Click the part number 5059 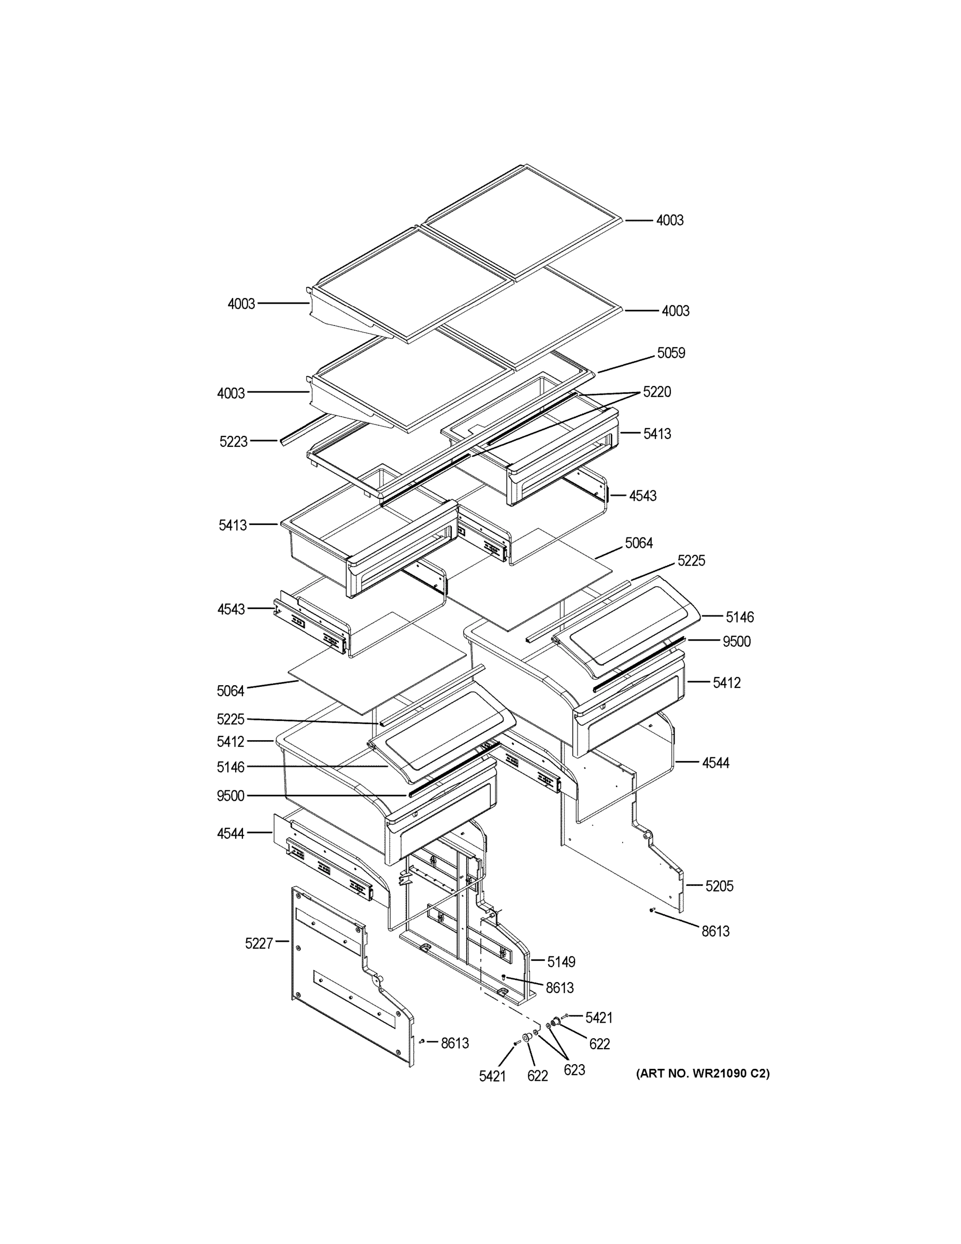pyautogui.click(x=671, y=353)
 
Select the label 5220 pyautogui.click(x=657, y=392)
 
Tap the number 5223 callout pyautogui.click(x=234, y=442)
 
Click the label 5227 pyautogui.click(x=259, y=943)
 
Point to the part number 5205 pyautogui.click(x=719, y=886)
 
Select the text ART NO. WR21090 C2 pyautogui.click(x=702, y=1073)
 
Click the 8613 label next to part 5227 pyautogui.click(x=454, y=1043)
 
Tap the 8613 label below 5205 pyautogui.click(x=715, y=931)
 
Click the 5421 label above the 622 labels pyautogui.click(x=599, y=1017)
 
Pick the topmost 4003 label pyautogui.click(x=669, y=220)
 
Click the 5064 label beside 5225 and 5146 pyautogui.click(x=639, y=543)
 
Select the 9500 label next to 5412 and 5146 pyautogui.click(x=736, y=641)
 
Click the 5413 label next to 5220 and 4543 pyautogui.click(x=657, y=433)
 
